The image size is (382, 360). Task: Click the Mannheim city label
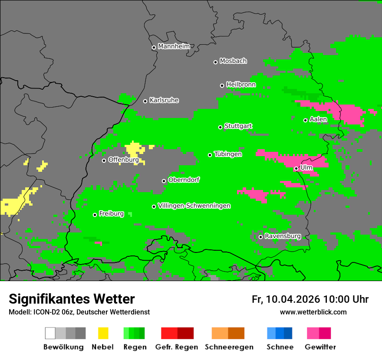click(174, 46)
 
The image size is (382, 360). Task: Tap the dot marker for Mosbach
click(215, 62)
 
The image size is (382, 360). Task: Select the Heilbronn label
click(240, 85)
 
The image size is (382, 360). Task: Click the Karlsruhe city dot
click(145, 101)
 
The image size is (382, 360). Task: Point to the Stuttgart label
click(238, 126)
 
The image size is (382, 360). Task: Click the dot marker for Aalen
click(305, 120)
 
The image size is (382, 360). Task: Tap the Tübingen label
click(228, 154)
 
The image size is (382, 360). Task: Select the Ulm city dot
click(296, 168)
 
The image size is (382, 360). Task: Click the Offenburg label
click(123, 160)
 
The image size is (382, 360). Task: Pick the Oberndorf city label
click(184, 180)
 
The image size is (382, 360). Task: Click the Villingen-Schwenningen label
click(194, 206)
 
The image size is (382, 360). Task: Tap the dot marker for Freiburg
click(95, 215)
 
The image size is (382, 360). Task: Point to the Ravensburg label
click(283, 236)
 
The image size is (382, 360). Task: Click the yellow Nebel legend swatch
click(103, 333)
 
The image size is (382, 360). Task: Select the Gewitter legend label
click(320, 347)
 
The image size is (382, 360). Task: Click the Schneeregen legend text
click(229, 347)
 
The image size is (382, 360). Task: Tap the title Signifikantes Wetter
click(72, 299)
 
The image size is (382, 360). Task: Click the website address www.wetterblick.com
click(313, 312)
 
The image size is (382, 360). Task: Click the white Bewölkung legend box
click(50, 333)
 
